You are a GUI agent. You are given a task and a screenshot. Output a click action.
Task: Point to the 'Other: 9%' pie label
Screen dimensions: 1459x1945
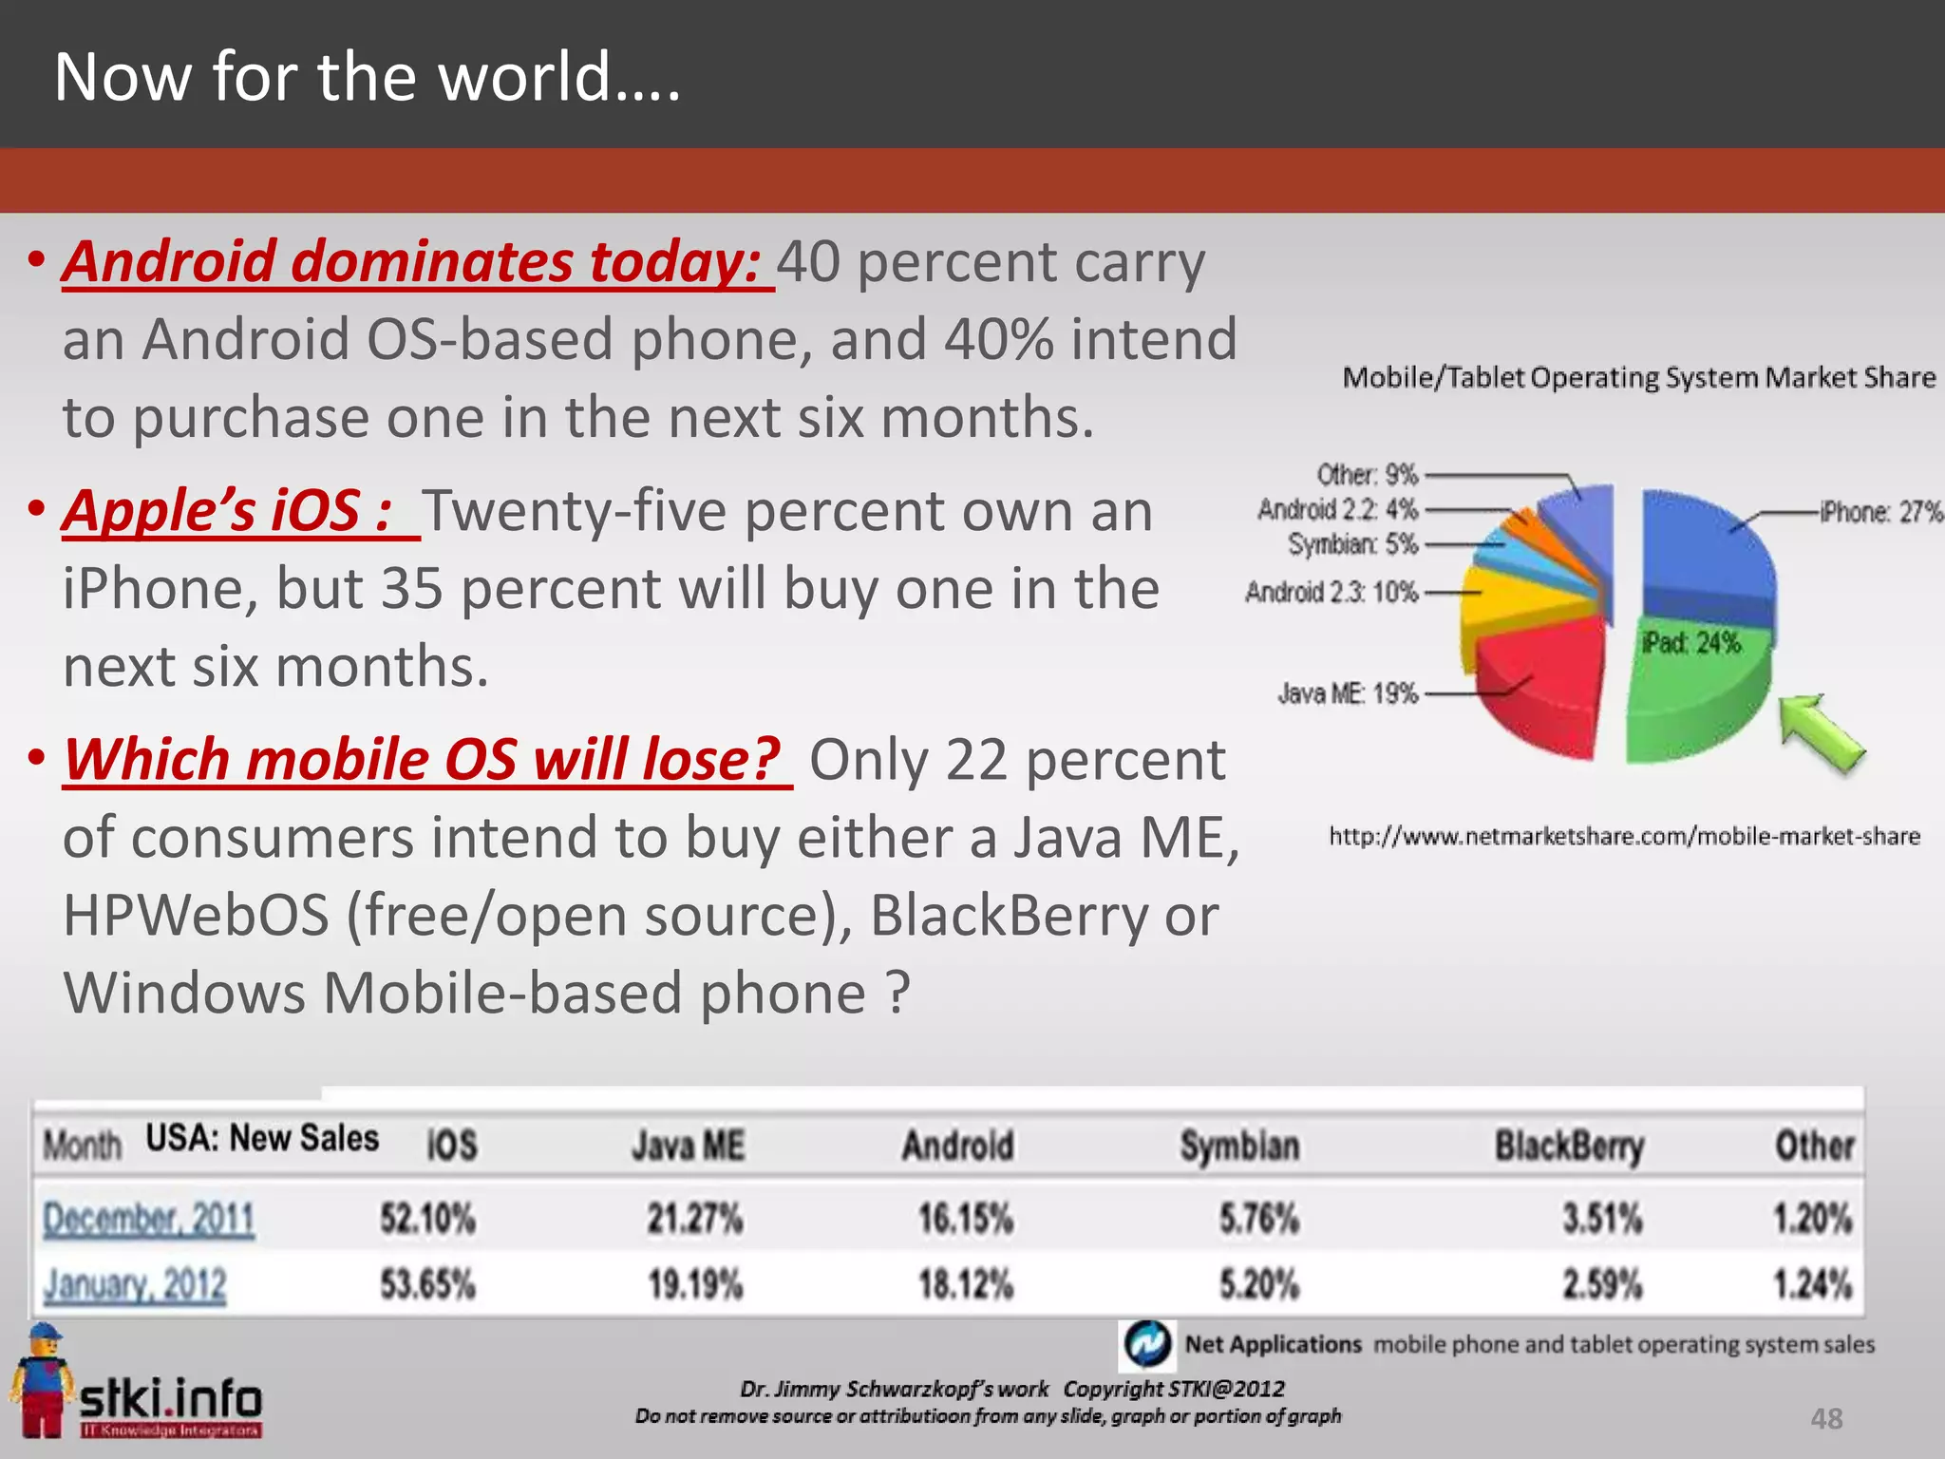(1367, 474)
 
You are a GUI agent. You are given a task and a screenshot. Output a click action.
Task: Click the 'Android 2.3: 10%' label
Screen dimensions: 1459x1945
(1331, 593)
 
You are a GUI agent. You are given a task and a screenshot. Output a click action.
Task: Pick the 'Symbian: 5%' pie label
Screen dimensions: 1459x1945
(1352, 544)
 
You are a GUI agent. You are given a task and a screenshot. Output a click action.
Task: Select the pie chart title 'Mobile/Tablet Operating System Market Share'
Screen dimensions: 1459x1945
(1638, 378)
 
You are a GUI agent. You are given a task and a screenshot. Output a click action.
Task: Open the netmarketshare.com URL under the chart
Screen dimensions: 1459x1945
(1624, 837)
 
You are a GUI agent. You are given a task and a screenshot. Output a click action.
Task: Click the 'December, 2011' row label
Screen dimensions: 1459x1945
(149, 1219)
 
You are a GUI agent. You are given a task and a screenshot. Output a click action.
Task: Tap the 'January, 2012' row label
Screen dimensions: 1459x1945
(135, 1285)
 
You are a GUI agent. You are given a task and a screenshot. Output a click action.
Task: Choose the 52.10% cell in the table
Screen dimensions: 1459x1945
(427, 1219)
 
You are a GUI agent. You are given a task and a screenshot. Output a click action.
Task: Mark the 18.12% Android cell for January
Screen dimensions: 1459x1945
(965, 1285)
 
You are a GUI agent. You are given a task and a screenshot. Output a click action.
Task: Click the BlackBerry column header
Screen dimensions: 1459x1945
(1569, 1146)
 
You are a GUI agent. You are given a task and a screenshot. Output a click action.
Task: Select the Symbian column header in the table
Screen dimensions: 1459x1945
(1239, 1146)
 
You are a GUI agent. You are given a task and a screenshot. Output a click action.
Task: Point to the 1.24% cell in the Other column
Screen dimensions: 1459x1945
(1812, 1285)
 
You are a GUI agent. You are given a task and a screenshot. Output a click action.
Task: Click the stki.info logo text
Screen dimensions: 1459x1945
(171, 1399)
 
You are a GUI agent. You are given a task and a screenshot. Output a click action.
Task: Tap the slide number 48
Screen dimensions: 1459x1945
(1826, 1419)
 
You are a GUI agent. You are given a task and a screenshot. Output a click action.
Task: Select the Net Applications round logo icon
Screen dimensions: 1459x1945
(1147, 1344)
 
